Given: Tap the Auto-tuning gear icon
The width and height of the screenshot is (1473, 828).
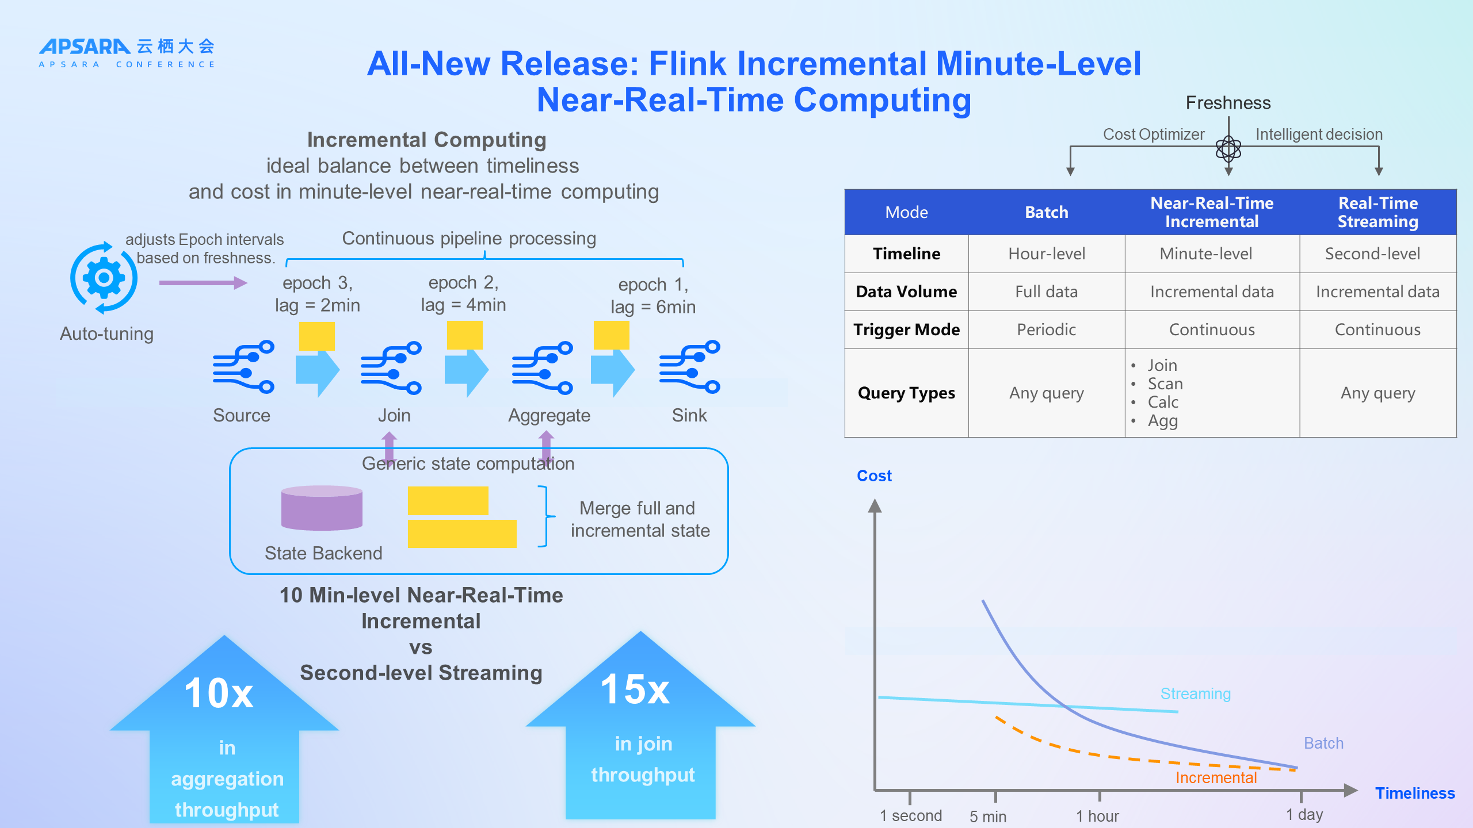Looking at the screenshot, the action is [104, 278].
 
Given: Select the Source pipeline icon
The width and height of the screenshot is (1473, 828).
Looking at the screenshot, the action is [243, 367].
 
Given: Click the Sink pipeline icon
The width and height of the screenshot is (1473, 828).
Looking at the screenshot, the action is [689, 367].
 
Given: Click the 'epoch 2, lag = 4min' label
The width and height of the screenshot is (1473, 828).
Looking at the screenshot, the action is [463, 294].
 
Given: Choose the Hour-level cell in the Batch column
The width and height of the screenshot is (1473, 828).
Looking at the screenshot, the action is [1046, 254].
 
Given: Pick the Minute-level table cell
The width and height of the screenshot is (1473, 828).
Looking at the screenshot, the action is [1205, 254].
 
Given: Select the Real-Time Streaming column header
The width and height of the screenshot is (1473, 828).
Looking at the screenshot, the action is [1377, 212].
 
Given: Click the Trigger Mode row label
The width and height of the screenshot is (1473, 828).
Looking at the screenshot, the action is [906, 329].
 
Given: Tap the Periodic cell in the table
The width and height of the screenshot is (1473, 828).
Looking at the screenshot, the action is [1046, 329].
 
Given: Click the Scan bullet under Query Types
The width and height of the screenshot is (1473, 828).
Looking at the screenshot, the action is [1165, 384].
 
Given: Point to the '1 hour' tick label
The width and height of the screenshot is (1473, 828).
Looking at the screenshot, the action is [1097, 816].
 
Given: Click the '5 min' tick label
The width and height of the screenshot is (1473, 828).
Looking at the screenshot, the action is [987, 816].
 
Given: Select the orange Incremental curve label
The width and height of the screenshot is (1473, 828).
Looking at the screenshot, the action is [1216, 778].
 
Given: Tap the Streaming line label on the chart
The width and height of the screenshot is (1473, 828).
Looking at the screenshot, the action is [1195, 694].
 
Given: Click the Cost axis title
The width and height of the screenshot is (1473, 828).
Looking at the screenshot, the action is [874, 476].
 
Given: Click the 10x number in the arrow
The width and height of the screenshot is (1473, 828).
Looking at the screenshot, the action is [219, 693].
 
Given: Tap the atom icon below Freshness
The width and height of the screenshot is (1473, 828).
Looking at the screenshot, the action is [1228, 149].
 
